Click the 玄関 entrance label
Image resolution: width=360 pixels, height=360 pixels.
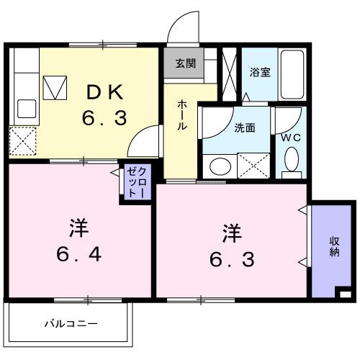(184, 63)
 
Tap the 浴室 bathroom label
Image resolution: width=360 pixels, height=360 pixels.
(259, 72)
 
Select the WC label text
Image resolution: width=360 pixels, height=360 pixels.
(290, 136)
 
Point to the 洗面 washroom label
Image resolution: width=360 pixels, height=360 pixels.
(244, 129)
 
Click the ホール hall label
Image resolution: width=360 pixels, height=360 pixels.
(182, 114)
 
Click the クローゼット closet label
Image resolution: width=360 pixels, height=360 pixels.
(136, 184)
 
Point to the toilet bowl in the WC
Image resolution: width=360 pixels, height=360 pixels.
(291, 159)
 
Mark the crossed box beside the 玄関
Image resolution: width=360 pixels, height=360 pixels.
(230, 71)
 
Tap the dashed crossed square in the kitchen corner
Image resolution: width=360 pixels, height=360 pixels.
(23, 140)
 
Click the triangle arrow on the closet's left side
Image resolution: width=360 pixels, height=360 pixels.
(115, 173)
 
